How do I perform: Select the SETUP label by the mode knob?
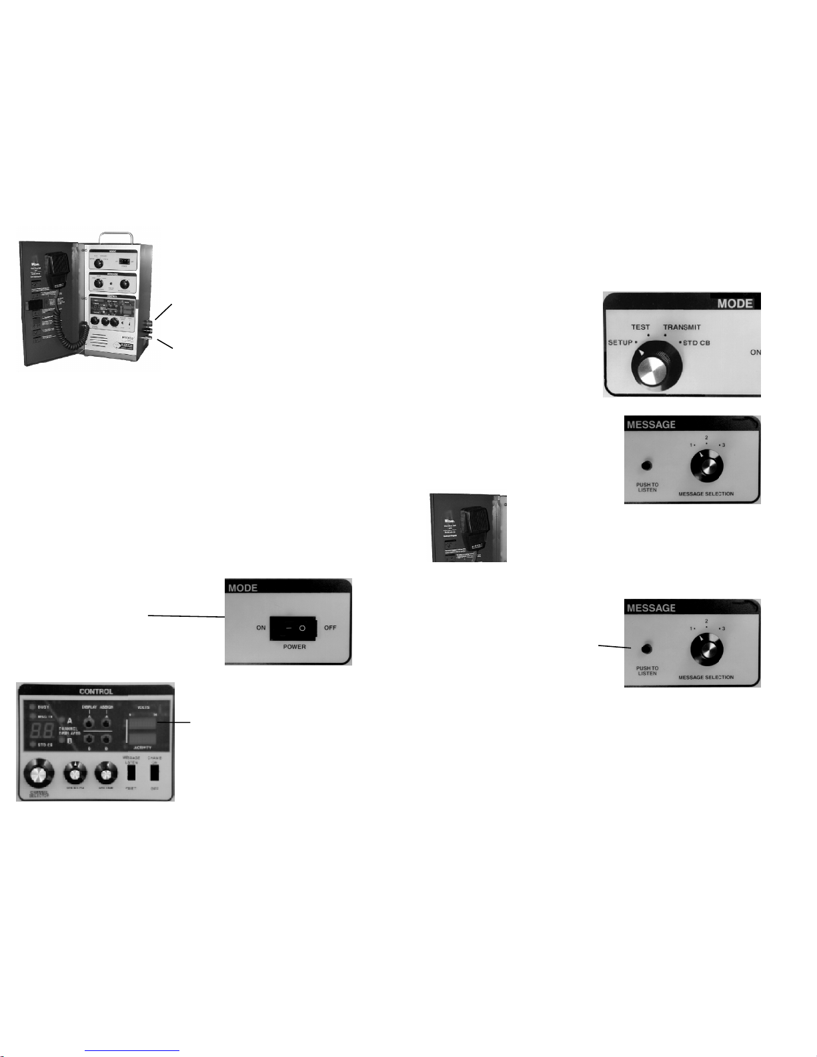(620, 343)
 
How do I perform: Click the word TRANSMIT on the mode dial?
(682, 327)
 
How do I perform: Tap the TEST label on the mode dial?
(640, 327)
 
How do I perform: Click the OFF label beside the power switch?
(330, 628)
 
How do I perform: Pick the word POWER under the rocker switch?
(294, 647)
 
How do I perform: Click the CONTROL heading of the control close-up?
(96, 692)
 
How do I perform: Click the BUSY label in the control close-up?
(43, 707)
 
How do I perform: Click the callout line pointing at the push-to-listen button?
(614, 646)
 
